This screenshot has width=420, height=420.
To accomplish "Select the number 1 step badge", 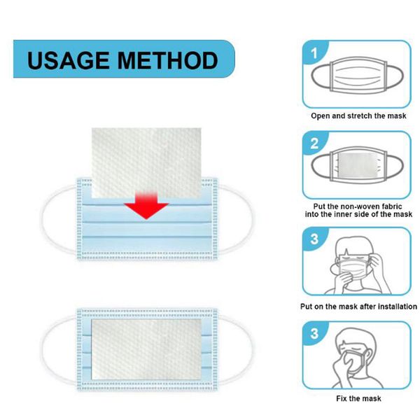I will (314, 53).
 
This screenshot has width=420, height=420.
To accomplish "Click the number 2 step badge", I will (314, 144).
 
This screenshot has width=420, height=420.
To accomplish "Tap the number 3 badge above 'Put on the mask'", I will (314, 239).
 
